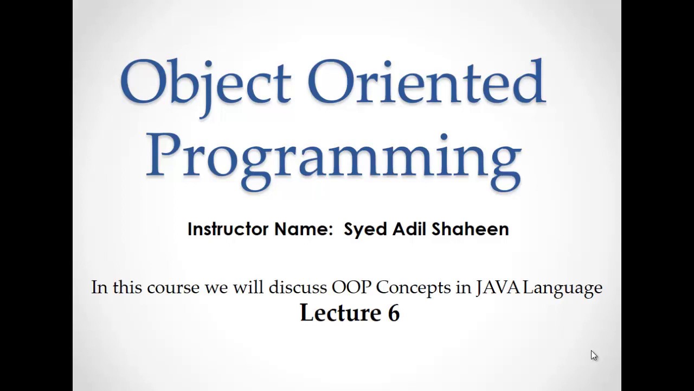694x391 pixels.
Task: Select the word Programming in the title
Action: tap(333, 157)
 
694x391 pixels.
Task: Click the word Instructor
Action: tap(228, 229)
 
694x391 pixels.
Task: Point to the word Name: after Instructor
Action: tap(303, 229)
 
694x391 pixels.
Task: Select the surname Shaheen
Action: tap(471, 229)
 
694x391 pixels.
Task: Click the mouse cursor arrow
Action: tap(594, 355)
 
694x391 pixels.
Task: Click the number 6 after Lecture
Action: tap(394, 313)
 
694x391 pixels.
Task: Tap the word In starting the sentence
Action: tap(99, 287)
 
